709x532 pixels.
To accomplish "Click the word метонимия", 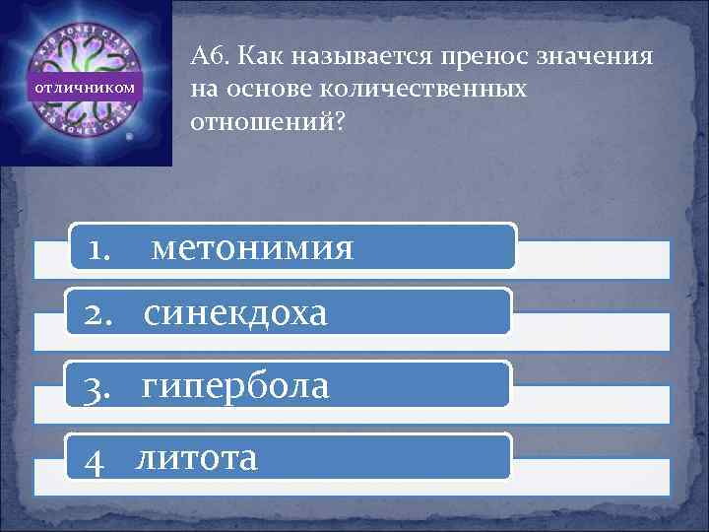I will click(252, 248).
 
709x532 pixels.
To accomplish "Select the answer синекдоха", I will click(234, 313).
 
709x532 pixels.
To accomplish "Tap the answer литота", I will click(197, 456).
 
